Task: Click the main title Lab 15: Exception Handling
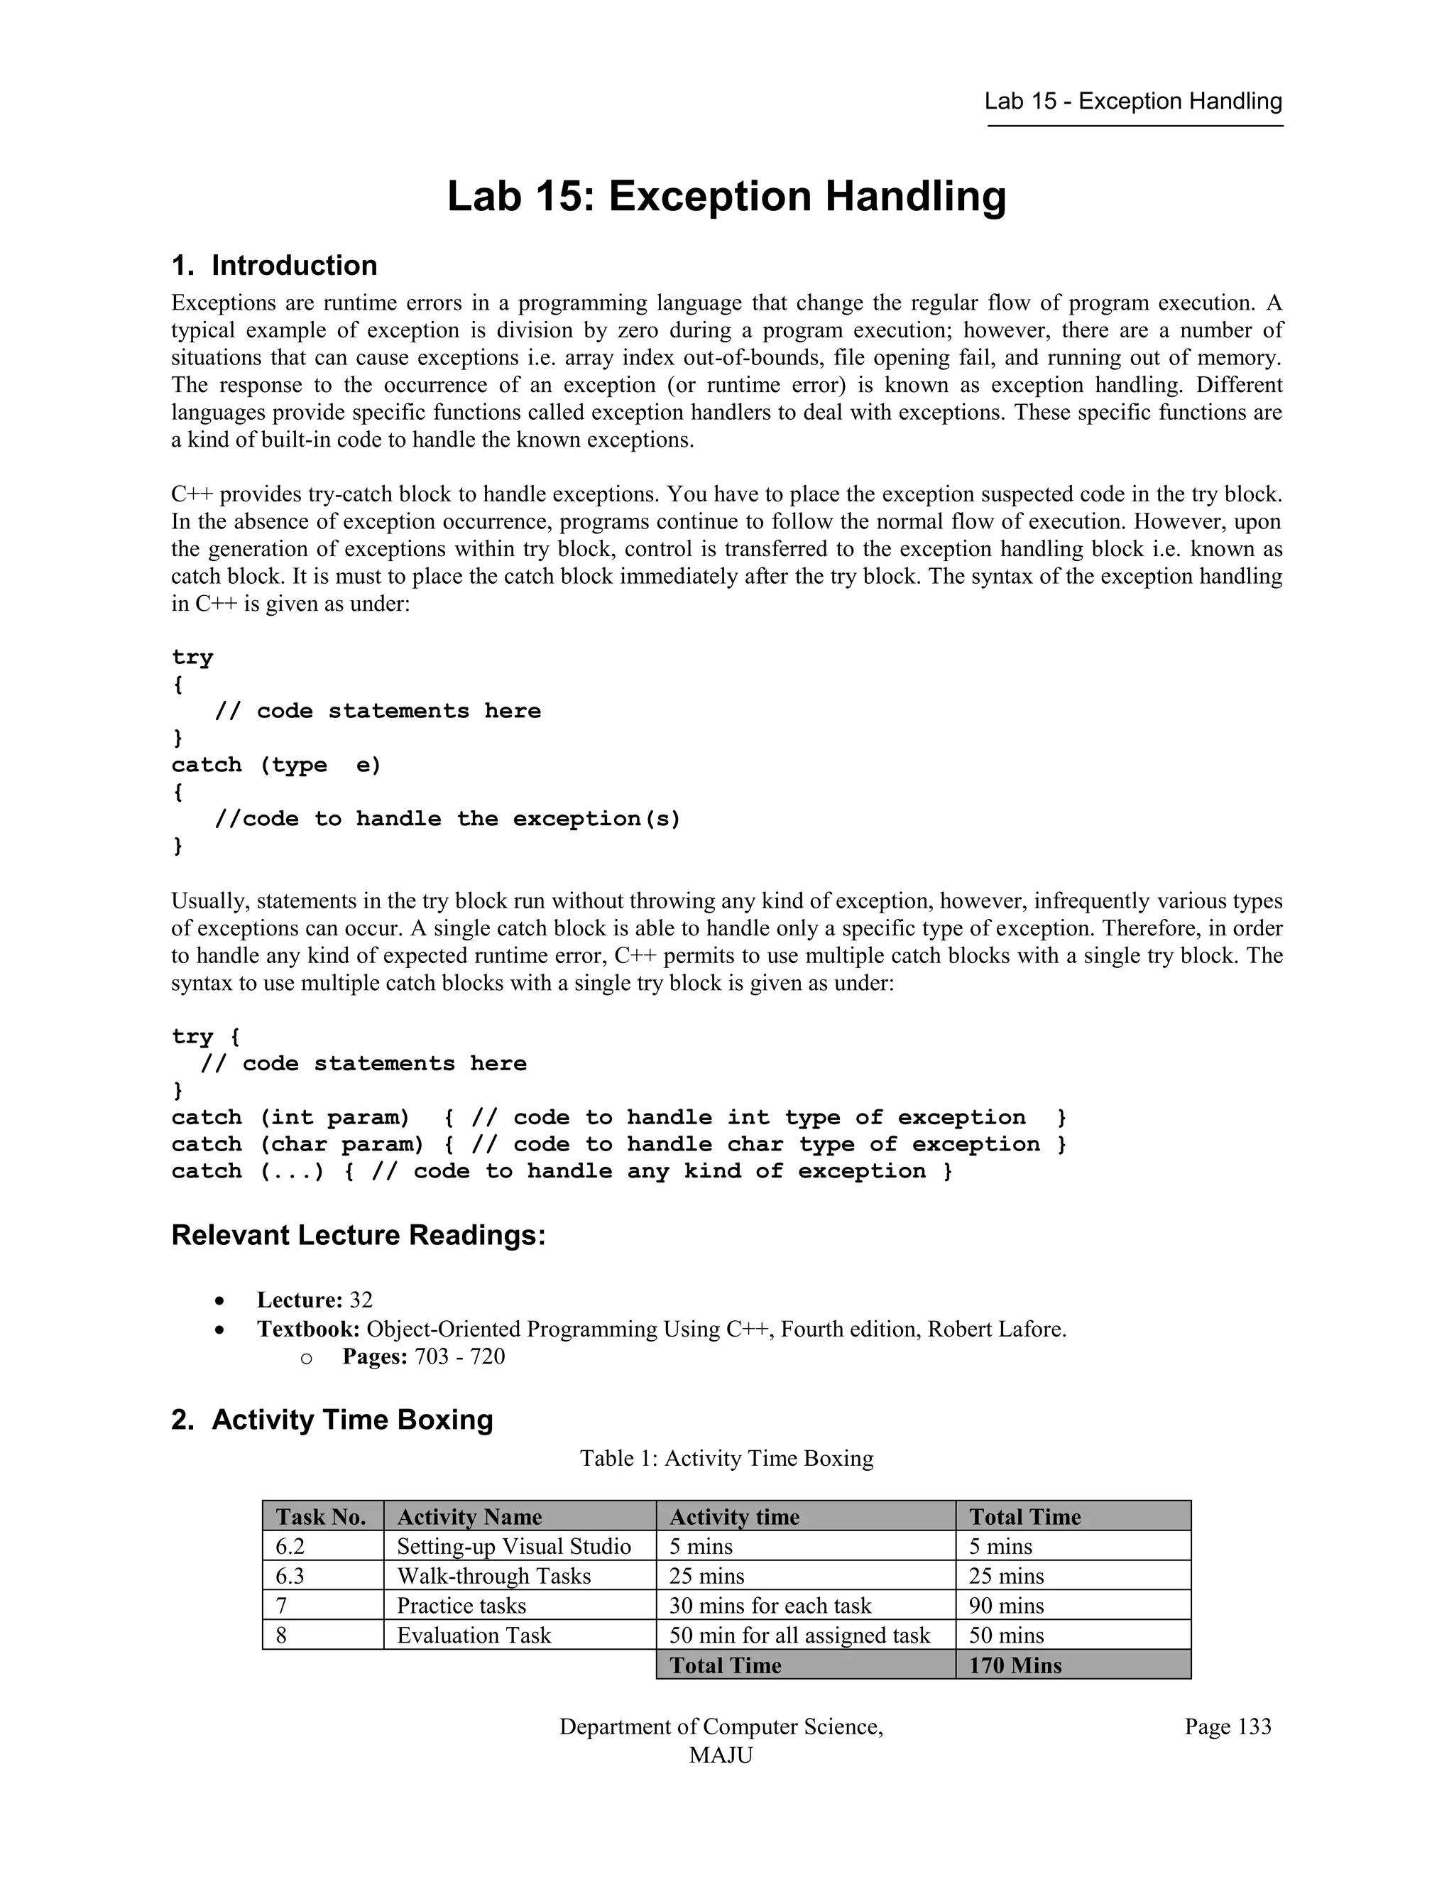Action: pos(726,197)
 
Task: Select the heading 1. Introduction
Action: pos(274,266)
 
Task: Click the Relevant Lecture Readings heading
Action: pos(359,1235)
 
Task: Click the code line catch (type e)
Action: pos(276,765)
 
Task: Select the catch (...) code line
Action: pos(562,1171)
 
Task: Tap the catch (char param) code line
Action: pos(618,1144)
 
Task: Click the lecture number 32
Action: pos(361,1300)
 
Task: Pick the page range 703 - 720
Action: pos(459,1356)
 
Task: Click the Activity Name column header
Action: pos(469,1517)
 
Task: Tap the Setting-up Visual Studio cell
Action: pos(513,1546)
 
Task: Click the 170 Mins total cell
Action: pos(1015,1665)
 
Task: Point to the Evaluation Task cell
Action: pos(473,1635)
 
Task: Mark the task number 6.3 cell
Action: pos(290,1576)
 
